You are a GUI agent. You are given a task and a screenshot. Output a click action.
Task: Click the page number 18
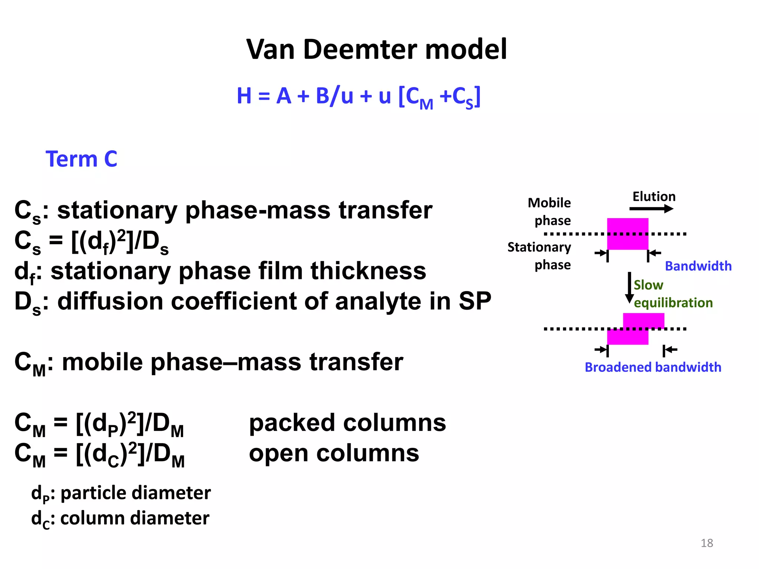pyautogui.click(x=707, y=543)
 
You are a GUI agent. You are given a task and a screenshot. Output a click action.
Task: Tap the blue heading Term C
pyautogui.click(x=81, y=159)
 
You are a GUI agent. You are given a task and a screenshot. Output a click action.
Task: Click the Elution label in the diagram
pyautogui.click(x=654, y=196)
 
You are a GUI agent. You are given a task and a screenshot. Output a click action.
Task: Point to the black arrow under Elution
pyautogui.click(x=651, y=209)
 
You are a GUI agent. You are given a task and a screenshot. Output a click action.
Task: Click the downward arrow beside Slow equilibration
pyautogui.click(x=629, y=288)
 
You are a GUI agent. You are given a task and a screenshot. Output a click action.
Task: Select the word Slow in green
pyautogui.click(x=648, y=285)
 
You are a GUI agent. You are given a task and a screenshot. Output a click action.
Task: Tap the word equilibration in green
pyautogui.click(x=673, y=303)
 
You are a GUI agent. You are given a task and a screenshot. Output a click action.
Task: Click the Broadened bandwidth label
pyautogui.click(x=653, y=367)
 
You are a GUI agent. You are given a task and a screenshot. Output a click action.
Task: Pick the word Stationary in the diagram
pyautogui.click(x=539, y=247)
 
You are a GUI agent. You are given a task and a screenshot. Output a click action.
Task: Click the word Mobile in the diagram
pyautogui.click(x=549, y=203)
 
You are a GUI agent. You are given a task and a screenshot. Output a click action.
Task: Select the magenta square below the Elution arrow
pyautogui.click(x=627, y=234)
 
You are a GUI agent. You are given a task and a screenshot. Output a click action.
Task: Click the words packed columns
pyautogui.click(x=347, y=423)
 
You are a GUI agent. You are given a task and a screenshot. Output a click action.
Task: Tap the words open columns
pyautogui.click(x=334, y=453)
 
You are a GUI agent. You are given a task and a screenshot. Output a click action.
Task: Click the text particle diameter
pyautogui.click(x=135, y=493)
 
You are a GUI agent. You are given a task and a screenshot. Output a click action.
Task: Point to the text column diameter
pyautogui.click(x=135, y=518)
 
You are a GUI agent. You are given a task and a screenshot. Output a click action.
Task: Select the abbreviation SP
pyautogui.click(x=475, y=301)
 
